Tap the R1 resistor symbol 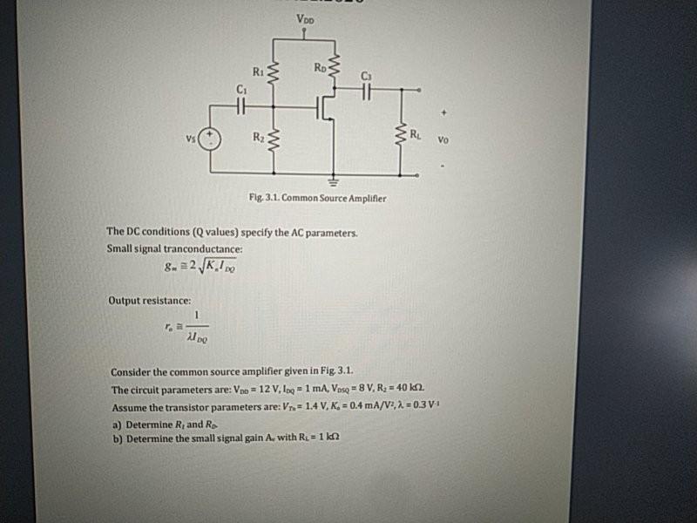point(274,75)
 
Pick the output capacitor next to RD point(366,87)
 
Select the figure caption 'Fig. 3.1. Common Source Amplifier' point(317,199)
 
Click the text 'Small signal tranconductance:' point(174,248)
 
